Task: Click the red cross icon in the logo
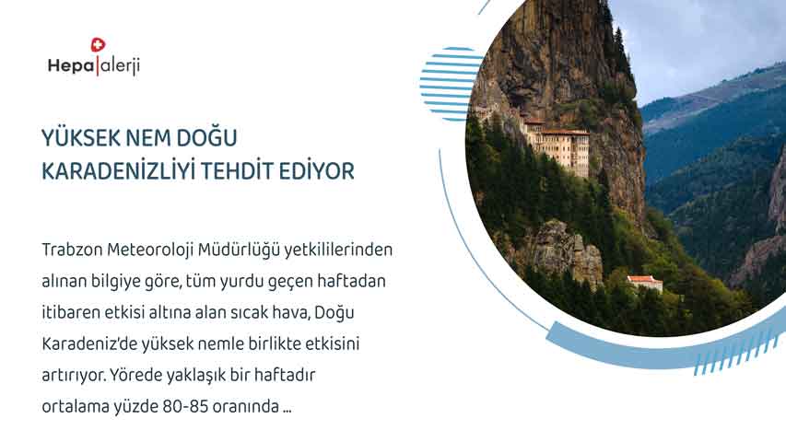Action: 98,45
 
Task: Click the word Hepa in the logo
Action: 71,65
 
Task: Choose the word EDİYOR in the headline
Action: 317,171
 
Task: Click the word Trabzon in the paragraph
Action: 72,250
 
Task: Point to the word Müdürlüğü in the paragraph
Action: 239,250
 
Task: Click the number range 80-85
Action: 185,406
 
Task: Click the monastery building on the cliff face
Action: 556,145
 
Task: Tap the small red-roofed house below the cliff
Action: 645,283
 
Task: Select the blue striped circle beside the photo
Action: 450,84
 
